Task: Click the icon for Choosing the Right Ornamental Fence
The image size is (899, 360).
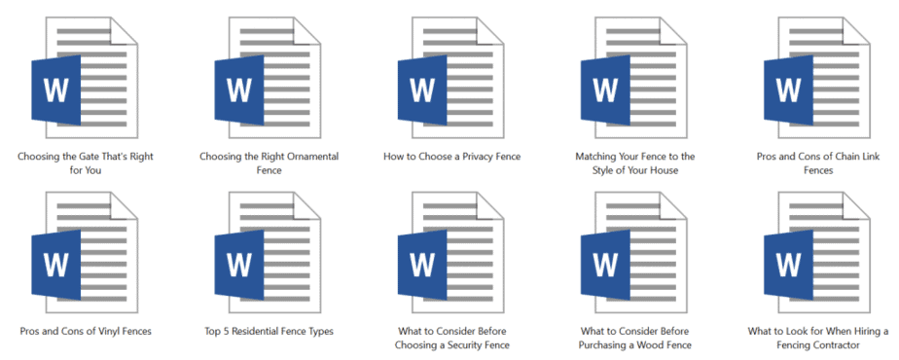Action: (x=263, y=78)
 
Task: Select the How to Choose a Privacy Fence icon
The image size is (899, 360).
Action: (x=446, y=78)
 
